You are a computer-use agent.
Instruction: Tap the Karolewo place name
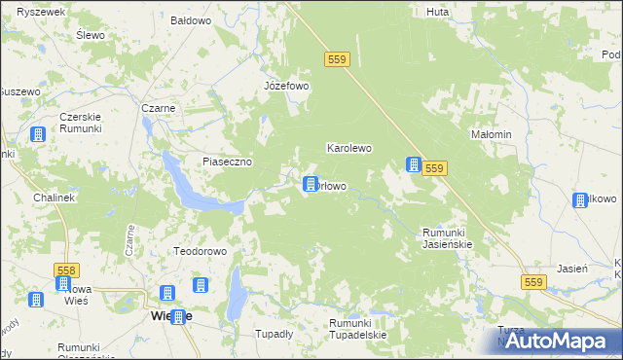349,149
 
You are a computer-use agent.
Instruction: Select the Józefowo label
286,86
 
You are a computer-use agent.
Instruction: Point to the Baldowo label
191,19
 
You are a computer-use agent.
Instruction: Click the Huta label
437,13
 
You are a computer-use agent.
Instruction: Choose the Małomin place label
491,134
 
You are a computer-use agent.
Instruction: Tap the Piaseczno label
228,162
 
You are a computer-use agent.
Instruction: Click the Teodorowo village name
200,251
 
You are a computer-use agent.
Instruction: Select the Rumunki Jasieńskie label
447,238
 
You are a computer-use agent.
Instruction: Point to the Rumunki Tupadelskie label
357,329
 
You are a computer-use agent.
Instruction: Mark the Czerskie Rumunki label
88,124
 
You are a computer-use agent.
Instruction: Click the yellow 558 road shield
67,269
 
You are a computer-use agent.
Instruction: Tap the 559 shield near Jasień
531,282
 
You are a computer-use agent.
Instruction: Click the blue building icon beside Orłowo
311,183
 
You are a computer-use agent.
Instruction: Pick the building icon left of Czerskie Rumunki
38,135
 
